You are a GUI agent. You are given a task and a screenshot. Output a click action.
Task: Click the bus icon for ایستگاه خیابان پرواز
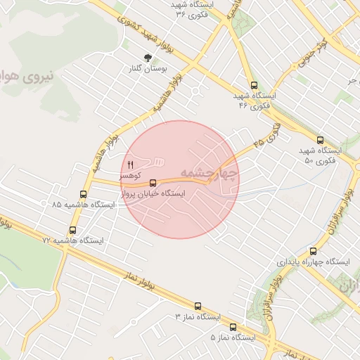pyautogui.click(x=153, y=184)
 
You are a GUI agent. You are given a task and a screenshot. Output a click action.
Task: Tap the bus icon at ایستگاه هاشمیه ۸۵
pyautogui.click(x=84, y=195)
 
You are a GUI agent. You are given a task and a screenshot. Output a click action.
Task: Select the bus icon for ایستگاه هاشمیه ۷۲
pyautogui.click(x=72, y=231)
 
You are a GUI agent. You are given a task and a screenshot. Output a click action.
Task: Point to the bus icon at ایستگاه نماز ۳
pyautogui.click(x=197, y=307)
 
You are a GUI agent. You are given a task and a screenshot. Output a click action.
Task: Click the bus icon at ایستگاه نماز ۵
pyautogui.click(x=233, y=327)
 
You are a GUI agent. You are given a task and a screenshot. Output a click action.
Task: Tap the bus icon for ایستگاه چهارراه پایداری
pyautogui.click(x=313, y=251)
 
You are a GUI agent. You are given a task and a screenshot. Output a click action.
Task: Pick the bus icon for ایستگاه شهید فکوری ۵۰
pyautogui.click(x=321, y=140)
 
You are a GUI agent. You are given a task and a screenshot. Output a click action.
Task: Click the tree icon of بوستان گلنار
pyautogui.click(x=148, y=58)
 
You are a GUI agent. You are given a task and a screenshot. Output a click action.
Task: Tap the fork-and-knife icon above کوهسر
pyautogui.click(x=130, y=165)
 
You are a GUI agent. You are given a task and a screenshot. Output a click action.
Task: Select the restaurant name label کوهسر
pyautogui.click(x=130, y=175)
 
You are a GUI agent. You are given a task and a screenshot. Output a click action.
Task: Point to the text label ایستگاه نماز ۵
pyautogui.click(x=233, y=337)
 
